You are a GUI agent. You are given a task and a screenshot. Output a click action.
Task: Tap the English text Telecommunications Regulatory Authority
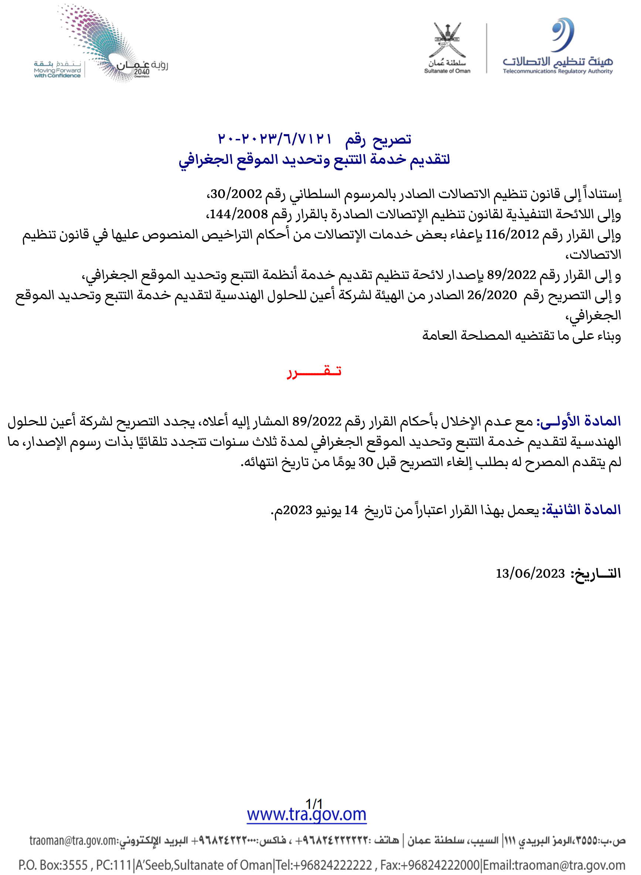558,71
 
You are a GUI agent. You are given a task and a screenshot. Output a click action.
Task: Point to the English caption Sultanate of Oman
447,71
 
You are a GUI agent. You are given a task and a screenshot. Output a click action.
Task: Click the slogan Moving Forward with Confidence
57,73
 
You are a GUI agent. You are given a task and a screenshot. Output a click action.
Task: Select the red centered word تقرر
314,371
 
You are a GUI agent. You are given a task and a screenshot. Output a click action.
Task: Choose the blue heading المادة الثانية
582,510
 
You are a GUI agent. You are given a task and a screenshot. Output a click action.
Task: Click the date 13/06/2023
530,573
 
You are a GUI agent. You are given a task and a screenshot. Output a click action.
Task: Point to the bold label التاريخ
596,573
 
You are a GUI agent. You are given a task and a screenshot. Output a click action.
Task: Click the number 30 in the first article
365,462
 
